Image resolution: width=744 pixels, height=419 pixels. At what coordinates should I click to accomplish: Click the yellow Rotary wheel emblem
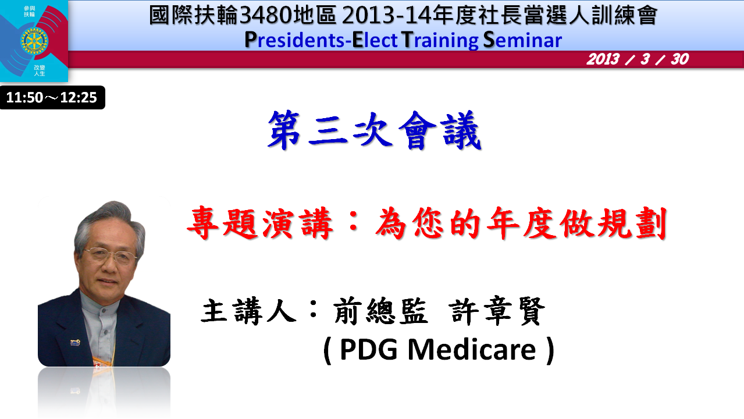point(34,41)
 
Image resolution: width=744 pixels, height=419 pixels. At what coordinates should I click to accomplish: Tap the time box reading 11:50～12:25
point(52,97)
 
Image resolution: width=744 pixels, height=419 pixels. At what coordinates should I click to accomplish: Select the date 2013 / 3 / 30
point(638,59)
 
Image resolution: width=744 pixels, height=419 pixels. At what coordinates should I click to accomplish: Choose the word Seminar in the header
point(522,40)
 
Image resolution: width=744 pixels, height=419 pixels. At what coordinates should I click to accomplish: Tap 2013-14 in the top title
point(386,15)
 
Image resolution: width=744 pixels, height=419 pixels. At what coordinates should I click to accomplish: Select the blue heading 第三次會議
point(374,130)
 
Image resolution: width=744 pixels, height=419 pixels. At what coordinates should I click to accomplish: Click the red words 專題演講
point(260,223)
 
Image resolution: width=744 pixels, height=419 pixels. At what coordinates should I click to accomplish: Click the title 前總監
point(380,311)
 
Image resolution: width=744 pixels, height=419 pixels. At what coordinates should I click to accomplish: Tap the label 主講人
point(248,311)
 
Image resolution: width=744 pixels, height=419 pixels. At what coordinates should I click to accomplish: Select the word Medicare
point(472,349)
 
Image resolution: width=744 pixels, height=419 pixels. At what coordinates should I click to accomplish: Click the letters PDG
point(369,350)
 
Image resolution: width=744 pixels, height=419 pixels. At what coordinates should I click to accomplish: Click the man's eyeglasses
point(111,255)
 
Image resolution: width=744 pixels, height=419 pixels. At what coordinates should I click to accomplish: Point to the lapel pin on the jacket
point(75,342)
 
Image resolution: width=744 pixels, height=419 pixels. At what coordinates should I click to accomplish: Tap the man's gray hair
point(109,219)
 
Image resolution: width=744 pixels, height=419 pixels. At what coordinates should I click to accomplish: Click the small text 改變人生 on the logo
point(39,70)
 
